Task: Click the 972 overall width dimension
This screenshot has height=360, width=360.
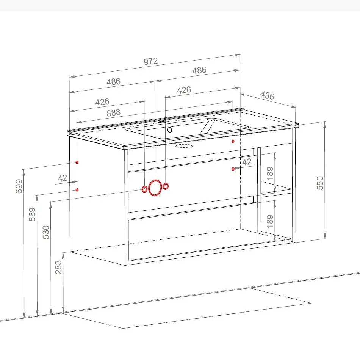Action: pos(151,61)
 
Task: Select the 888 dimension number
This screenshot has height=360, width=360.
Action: pos(113,113)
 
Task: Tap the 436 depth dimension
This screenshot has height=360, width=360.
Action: pos(267,95)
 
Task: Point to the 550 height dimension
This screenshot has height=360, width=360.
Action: pos(320,183)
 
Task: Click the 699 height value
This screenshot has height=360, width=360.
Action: pos(19,186)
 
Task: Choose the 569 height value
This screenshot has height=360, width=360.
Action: pos(32,214)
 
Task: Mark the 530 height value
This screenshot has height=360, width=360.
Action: pos(46,232)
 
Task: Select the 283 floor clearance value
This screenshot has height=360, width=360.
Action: pos(58,267)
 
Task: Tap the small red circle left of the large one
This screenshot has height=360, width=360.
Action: pos(144,189)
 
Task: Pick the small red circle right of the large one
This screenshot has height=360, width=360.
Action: pos(166,186)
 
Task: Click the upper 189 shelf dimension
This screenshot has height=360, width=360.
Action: pos(270,173)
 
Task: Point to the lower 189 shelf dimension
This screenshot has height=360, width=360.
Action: pos(270,221)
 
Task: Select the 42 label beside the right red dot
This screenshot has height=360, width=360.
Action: pos(247,162)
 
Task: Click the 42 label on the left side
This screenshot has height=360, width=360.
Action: pos(63,178)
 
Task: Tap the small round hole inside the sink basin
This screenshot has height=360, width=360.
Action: pos(170,130)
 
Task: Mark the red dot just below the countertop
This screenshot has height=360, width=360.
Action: pos(233,141)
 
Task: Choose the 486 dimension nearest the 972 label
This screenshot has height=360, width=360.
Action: pos(199,70)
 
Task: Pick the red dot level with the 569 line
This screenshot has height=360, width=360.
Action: pos(77,190)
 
